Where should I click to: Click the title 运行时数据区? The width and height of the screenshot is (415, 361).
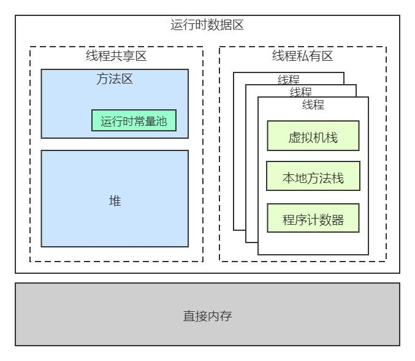pos(207,26)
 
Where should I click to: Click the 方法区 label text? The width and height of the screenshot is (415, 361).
pos(115,79)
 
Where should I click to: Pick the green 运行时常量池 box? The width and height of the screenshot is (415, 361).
pos(134,120)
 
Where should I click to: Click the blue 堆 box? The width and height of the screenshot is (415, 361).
pos(115,198)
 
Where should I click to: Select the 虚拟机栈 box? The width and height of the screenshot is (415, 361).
pos(313,136)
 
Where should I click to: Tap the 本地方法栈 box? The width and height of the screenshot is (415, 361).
pos(313,177)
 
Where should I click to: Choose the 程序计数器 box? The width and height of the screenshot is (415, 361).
pos(313,218)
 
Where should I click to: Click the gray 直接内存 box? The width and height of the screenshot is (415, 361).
pos(207,314)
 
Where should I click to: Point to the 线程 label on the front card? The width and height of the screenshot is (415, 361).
pos(313,105)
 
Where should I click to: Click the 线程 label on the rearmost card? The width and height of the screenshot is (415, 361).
pos(288,80)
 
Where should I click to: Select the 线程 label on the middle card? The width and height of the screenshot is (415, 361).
pos(300,92)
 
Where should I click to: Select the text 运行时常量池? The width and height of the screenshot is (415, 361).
pos(134,121)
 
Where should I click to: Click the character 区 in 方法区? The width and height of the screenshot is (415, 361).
pos(127,79)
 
